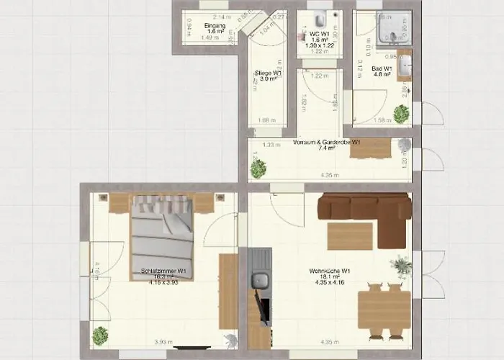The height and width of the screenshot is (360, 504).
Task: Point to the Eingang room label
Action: click(215, 27)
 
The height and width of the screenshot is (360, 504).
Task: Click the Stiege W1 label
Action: click(268, 73)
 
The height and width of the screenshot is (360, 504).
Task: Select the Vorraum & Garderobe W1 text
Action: click(327, 143)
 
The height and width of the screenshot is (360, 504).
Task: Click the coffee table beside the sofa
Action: click(350, 236)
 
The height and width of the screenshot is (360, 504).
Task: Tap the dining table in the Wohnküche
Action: click(384, 309)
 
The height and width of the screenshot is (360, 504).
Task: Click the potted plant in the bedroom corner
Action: click(101, 335)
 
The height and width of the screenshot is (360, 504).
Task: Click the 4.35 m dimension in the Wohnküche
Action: click(329, 342)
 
